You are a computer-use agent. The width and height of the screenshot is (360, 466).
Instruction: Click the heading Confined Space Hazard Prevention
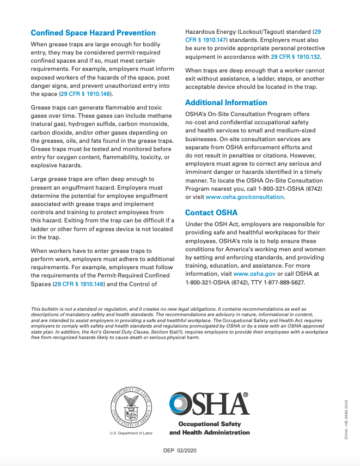coord(93,33)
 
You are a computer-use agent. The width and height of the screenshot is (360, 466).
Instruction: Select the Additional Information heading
coord(226,102)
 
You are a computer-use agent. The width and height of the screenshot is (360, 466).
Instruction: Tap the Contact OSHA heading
coord(211,213)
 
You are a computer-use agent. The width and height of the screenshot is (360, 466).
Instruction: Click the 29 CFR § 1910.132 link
coord(296,57)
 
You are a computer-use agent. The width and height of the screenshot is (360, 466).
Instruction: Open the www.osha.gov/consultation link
coord(245,197)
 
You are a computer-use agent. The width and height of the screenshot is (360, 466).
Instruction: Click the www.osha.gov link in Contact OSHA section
coord(254,274)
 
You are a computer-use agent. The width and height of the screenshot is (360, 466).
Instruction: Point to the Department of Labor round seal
coord(131,407)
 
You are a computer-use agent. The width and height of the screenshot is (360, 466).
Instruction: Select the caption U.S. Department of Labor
coord(131,433)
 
